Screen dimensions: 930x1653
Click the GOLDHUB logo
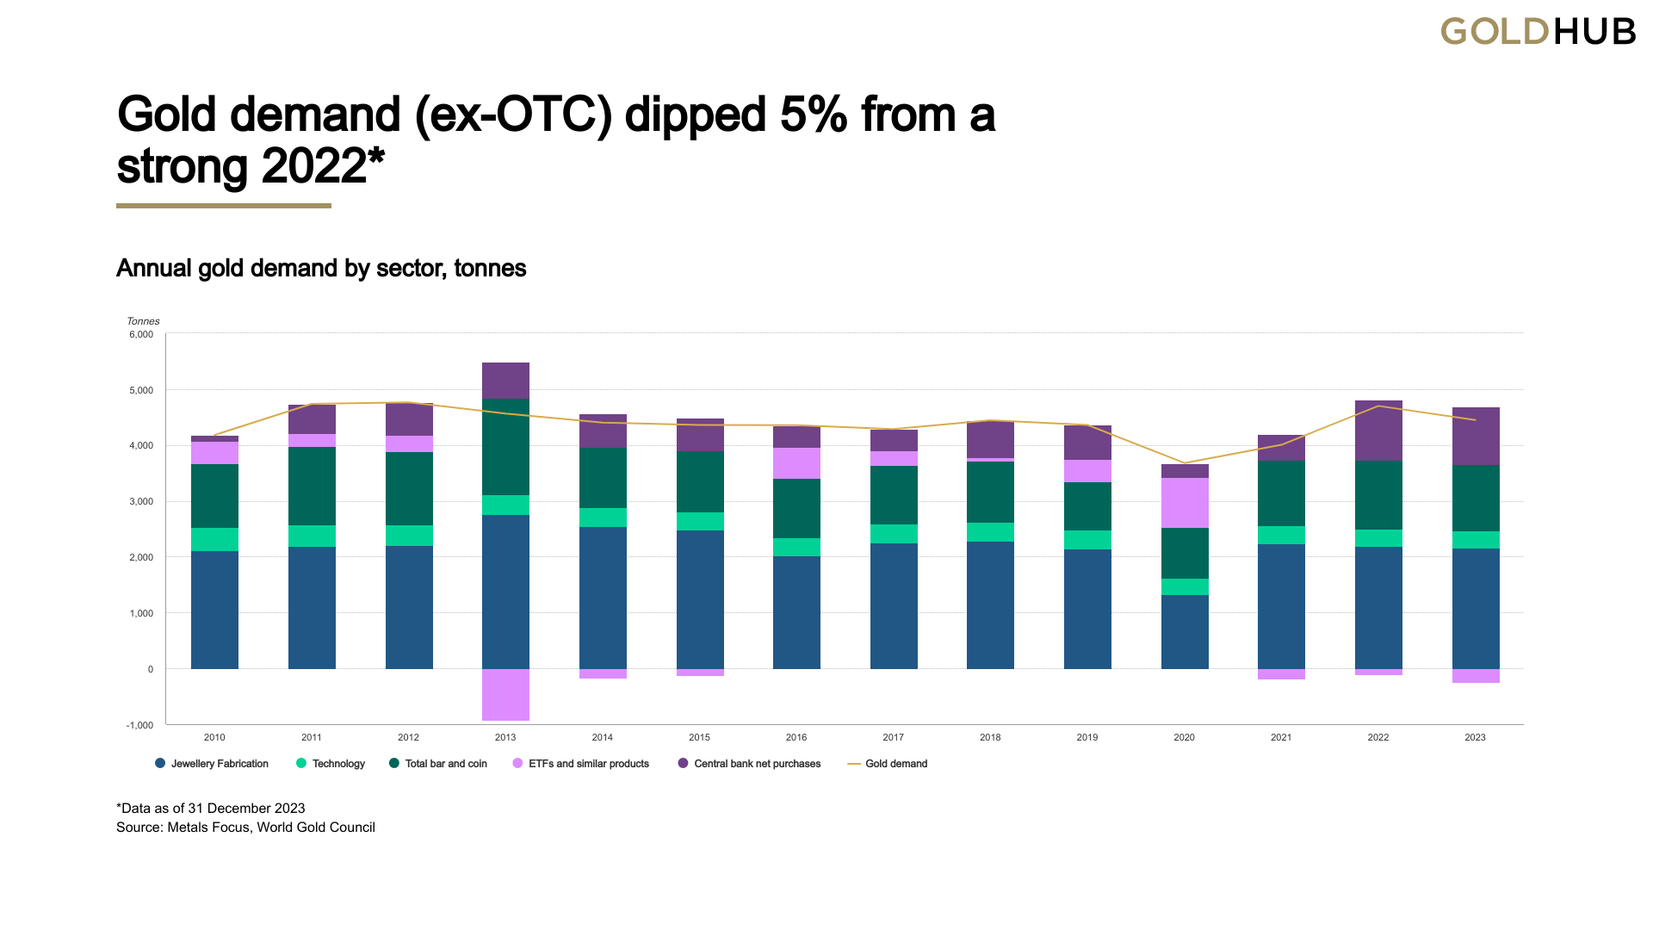1538,32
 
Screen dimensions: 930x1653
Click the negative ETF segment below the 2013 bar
505,694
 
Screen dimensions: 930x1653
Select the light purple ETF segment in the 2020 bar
1185,503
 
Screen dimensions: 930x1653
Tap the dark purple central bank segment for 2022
1378,431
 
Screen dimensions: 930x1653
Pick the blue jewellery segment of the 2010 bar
214,610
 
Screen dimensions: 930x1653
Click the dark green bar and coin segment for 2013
505,446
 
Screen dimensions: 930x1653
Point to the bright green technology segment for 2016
796,547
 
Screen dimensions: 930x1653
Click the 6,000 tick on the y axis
141,334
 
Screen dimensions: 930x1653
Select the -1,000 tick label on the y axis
139,725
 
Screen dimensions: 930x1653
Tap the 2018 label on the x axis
990,737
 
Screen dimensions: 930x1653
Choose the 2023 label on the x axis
1475,737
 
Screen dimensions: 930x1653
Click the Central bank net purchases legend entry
749,764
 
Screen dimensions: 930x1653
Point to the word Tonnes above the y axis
143,321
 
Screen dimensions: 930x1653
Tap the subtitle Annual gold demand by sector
320,269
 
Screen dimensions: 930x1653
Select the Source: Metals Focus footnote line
245,828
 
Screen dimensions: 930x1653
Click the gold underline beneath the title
224,206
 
